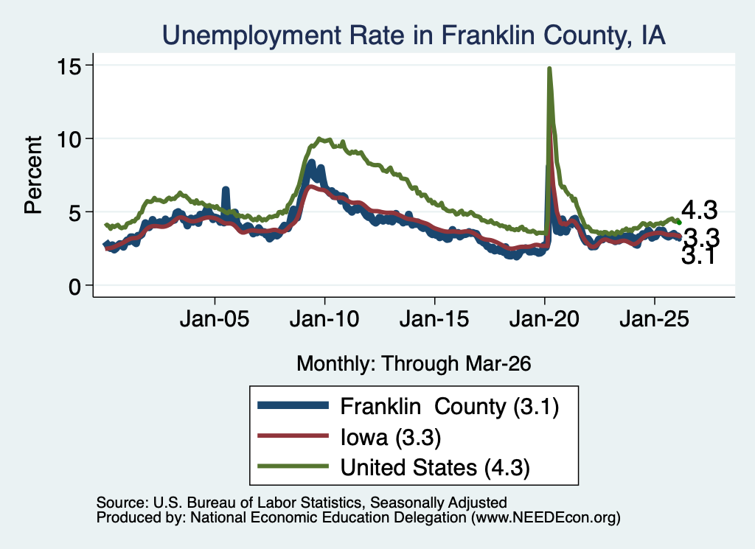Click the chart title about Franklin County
pyautogui.click(x=414, y=35)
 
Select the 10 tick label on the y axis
pyautogui.click(x=69, y=139)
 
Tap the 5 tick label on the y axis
pyautogui.click(x=74, y=213)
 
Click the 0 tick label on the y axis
pyautogui.click(x=74, y=286)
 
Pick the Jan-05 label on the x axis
pyautogui.click(x=215, y=318)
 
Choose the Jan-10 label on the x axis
pyautogui.click(x=324, y=318)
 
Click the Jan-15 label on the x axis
pyautogui.click(x=434, y=318)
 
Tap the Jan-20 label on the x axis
pyautogui.click(x=544, y=318)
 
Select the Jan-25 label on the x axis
pyautogui.click(x=655, y=318)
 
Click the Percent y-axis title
pyautogui.click(x=34, y=175)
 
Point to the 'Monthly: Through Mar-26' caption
pyautogui.click(x=414, y=363)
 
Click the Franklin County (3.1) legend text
pyautogui.click(x=450, y=407)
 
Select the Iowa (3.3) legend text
pyautogui.click(x=391, y=437)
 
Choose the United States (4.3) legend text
pyautogui.click(x=435, y=467)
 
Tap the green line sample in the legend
pyautogui.click(x=293, y=466)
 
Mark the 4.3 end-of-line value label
pyautogui.click(x=699, y=210)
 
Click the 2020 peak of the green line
pyautogui.click(x=549, y=69)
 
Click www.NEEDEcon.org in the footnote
pyautogui.click(x=546, y=517)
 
